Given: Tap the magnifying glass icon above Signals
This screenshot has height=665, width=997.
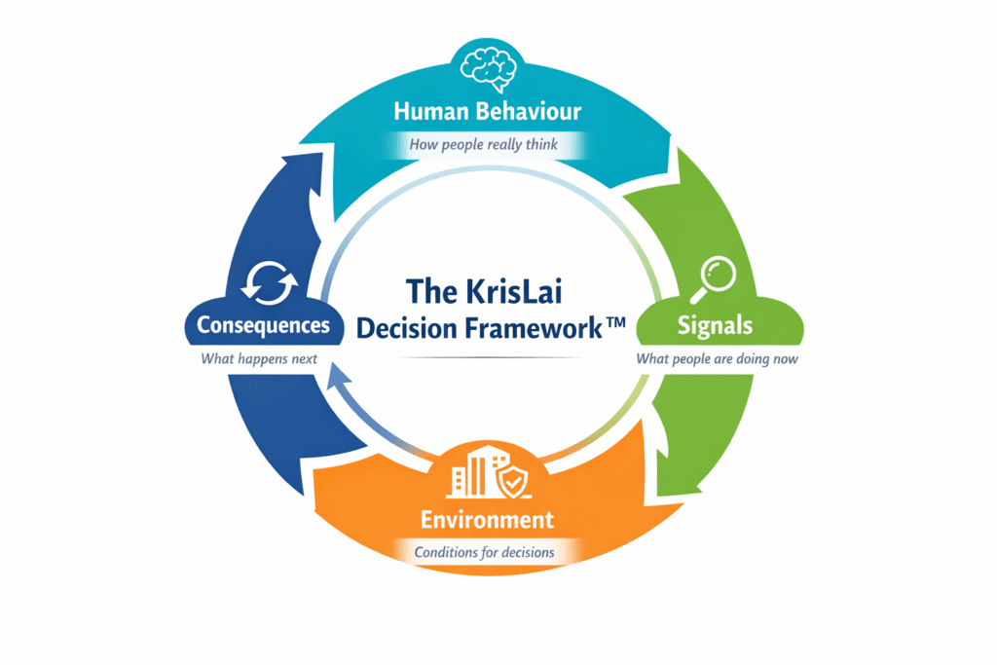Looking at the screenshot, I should (715, 279).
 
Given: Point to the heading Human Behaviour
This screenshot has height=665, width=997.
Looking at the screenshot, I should (487, 111).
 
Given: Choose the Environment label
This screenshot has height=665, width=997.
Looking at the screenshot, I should (487, 518).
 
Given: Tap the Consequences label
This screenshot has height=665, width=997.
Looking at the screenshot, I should (263, 325).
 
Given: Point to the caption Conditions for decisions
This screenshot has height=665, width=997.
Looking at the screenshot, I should (484, 552).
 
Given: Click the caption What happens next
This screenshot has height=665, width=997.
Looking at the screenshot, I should (260, 358).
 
